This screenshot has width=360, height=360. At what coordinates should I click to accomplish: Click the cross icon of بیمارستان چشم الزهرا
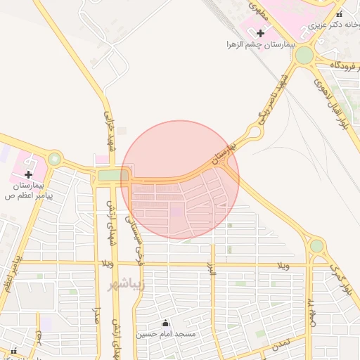pyautogui.click(x=261, y=32)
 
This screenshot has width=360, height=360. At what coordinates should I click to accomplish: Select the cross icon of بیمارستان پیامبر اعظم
pyautogui.click(x=28, y=174)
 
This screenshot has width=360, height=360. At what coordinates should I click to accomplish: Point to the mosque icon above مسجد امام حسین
pyautogui.click(x=166, y=323)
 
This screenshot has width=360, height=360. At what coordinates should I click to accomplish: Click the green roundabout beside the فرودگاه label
pyautogui.click(x=304, y=55)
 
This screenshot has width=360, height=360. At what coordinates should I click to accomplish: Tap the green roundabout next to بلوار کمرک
pyautogui.click(x=316, y=245)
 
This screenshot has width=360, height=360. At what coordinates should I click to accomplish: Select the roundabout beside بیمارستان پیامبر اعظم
pyautogui.click(x=55, y=160)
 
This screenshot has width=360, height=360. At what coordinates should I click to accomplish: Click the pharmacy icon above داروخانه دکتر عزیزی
pyautogui.click(x=339, y=15)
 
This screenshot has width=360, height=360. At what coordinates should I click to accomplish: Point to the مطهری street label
pyautogui.click(x=257, y=8)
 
